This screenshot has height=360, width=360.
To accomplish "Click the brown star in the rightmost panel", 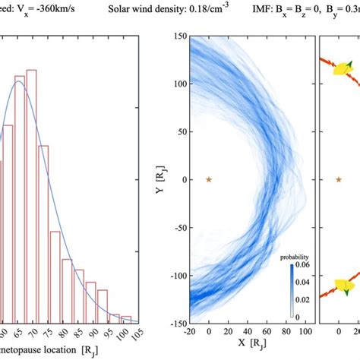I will [339, 180].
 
